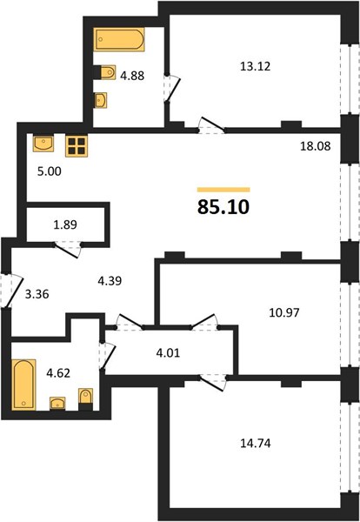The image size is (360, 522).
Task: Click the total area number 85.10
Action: point(223,207)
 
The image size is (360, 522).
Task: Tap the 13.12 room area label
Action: point(255,67)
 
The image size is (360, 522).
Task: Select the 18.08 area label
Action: point(316,146)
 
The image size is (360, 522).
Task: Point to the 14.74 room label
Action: point(255,443)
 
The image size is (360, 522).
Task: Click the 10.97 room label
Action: point(284,312)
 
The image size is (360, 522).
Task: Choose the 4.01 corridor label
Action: point(168,352)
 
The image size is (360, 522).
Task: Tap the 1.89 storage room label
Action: point(65,224)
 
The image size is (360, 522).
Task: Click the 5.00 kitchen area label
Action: point(50,171)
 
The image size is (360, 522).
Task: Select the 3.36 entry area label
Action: point(37,294)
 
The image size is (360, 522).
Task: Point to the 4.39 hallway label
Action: point(110,281)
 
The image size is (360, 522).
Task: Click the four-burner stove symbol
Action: point(77,146)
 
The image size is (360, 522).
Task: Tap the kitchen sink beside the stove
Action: point(43,143)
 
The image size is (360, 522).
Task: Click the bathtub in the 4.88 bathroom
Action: point(119,39)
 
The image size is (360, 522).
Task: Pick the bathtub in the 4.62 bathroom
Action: point(23,385)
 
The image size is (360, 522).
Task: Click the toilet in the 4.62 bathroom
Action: point(85,399)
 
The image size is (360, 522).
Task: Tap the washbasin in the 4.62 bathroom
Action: point(57,404)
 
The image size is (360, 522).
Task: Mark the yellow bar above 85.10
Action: point(223,190)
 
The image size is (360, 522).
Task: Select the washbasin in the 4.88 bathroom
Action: point(101,100)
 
